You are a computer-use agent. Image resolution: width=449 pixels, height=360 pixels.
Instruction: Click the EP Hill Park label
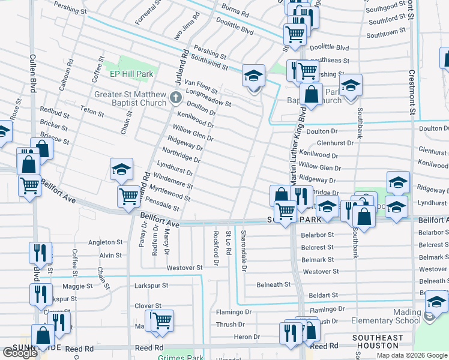[x=131, y=74]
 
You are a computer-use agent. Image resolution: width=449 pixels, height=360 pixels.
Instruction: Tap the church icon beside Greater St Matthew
[x=175, y=97]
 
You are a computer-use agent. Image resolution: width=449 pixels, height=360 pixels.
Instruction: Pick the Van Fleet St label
[x=200, y=86]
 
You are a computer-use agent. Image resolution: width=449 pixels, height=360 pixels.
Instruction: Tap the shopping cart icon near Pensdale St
[x=129, y=196]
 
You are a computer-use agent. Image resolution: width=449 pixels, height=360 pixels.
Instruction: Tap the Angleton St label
[x=105, y=242]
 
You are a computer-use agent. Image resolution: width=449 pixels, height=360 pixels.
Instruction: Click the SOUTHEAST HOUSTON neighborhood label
[x=378, y=342]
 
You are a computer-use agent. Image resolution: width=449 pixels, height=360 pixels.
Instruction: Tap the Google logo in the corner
[x=20, y=353]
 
